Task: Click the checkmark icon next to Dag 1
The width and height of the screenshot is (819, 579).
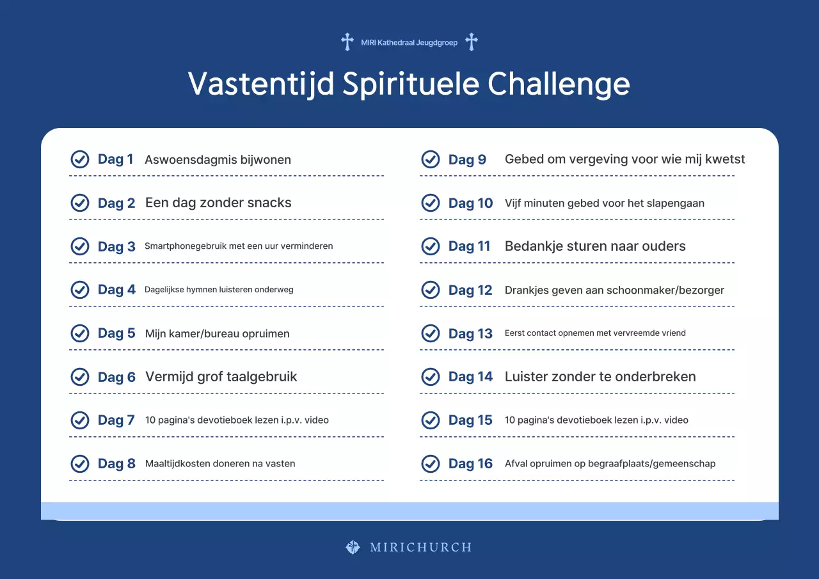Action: pos(79,159)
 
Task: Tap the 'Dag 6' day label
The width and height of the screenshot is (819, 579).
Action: pos(116,377)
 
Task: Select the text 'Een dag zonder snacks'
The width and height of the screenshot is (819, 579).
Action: pos(218,203)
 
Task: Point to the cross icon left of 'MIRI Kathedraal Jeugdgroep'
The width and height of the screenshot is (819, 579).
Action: pos(347,42)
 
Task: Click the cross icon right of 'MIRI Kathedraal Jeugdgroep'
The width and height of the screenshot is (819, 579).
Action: pos(472,42)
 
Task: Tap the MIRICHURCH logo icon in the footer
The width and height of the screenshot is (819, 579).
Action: pos(353,547)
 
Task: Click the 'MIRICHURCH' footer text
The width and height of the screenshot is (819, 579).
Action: pos(420,548)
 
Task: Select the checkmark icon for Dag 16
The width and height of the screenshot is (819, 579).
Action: pos(431,463)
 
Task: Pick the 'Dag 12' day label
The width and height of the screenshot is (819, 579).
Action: pos(470,290)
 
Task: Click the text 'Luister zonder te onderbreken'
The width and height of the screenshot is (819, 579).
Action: pos(600,377)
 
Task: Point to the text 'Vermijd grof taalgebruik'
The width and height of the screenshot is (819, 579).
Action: pos(221,377)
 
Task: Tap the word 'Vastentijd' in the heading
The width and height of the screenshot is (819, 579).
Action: pos(261,84)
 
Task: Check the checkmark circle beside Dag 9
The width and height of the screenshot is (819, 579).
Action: pos(431,159)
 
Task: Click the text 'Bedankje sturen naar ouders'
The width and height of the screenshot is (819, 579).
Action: pos(595,246)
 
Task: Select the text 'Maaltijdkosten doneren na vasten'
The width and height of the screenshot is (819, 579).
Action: pos(220,463)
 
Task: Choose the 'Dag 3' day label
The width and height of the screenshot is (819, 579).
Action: pos(116,246)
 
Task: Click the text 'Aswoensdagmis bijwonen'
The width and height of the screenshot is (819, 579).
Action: pos(218,159)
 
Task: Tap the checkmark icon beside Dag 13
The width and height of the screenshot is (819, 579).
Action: pos(431,333)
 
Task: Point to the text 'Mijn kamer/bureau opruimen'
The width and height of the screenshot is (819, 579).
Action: pos(218,333)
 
